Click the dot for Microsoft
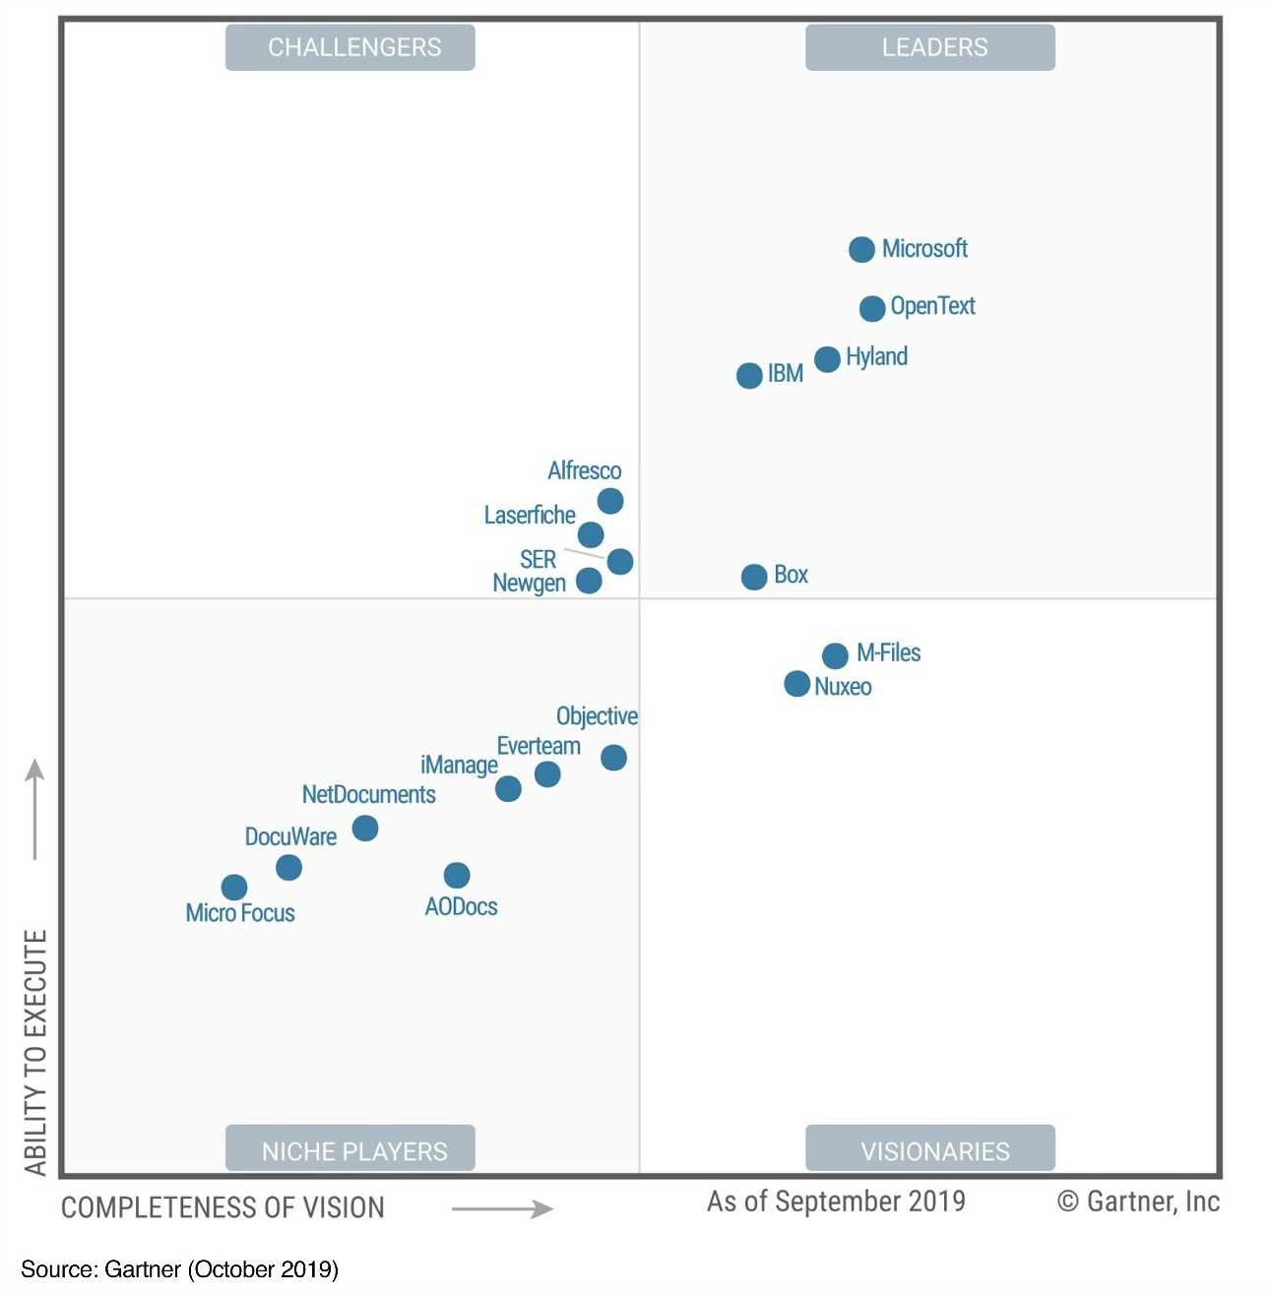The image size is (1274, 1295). click(861, 250)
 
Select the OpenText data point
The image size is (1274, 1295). click(871, 309)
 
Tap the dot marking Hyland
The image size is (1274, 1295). click(827, 359)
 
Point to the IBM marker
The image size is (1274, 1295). click(749, 375)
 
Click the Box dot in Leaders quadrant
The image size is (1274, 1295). click(753, 577)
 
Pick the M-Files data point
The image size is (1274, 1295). click(834, 655)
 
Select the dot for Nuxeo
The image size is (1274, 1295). click(796, 683)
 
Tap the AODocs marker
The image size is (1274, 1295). click(456, 875)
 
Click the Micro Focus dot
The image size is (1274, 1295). click(233, 888)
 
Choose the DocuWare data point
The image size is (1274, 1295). click(288, 867)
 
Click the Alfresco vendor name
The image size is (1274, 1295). click(584, 471)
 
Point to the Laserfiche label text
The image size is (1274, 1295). click(530, 516)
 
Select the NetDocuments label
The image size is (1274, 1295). click(368, 794)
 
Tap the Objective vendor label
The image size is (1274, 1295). click(597, 716)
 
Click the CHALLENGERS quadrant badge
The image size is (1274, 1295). click(350, 47)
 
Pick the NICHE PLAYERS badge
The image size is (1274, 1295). click(350, 1150)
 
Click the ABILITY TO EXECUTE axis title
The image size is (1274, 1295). click(36, 1052)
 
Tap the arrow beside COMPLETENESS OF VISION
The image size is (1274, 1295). click(502, 1208)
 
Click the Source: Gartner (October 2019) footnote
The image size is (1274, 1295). click(179, 1269)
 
